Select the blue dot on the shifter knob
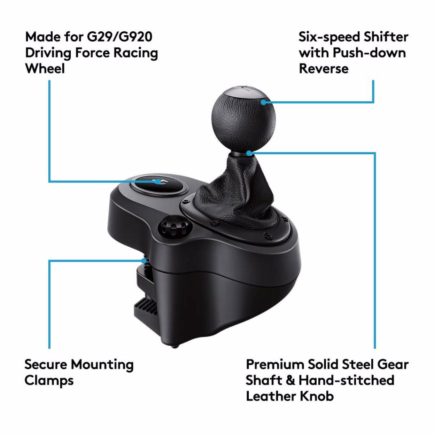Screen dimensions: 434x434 [x=263, y=102]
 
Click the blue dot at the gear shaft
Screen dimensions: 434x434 [x=250, y=153]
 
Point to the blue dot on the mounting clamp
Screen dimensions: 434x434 [x=144, y=261]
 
